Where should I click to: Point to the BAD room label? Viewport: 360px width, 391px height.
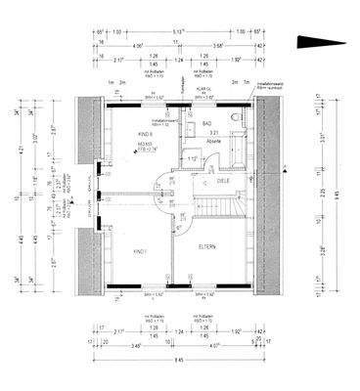(207, 124)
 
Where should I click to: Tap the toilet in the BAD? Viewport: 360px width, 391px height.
(238, 119)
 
